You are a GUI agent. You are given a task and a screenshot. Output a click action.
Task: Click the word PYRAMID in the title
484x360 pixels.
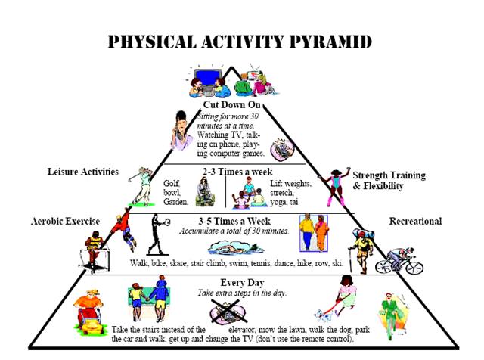(x=330, y=42)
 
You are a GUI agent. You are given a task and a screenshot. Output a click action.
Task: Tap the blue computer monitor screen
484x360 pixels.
(x=208, y=76)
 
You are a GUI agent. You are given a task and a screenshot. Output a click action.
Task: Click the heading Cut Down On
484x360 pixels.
(x=231, y=104)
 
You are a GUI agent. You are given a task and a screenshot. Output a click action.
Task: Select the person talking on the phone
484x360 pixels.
(x=181, y=131)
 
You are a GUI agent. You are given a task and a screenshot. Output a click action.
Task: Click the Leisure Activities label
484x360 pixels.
(x=82, y=172)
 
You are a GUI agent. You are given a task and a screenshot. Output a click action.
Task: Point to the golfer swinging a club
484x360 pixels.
(x=141, y=187)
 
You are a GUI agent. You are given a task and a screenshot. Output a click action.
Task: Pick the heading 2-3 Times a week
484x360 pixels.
(x=237, y=172)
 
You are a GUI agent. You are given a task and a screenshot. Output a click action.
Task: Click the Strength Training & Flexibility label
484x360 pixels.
(x=389, y=181)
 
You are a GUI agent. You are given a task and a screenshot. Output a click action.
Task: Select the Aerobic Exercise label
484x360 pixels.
(x=66, y=221)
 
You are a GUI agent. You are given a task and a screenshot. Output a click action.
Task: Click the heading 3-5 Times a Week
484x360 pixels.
(x=234, y=221)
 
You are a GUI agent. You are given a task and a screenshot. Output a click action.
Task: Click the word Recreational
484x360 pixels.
(x=415, y=221)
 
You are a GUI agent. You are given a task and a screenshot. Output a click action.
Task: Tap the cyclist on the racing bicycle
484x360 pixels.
(x=399, y=261)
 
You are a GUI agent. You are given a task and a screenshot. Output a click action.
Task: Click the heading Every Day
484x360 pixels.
(x=242, y=283)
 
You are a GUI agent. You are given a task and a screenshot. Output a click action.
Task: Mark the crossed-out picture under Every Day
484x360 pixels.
(x=228, y=311)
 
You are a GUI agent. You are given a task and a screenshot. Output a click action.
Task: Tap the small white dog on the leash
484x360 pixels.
(x=323, y=315)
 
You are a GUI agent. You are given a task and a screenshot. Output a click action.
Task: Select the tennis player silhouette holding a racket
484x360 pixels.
(x=158, y=234)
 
